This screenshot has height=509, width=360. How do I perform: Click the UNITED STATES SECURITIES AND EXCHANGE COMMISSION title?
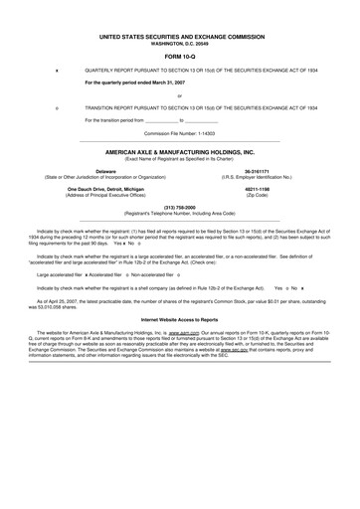click(x=179, y=35)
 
